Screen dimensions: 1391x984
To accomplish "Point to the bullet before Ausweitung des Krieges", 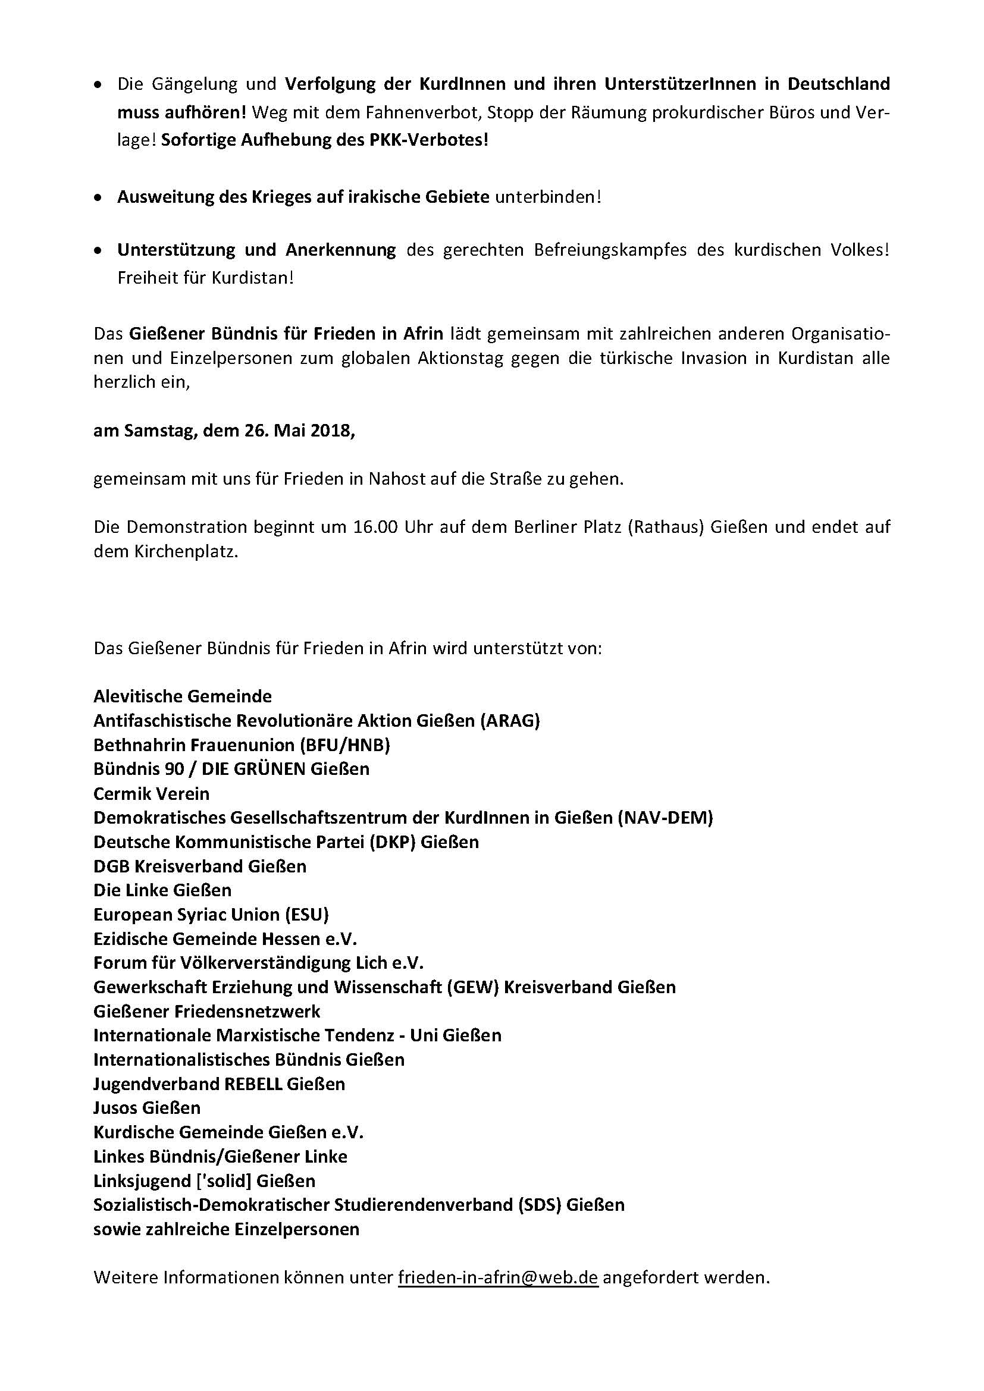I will coord(98,198).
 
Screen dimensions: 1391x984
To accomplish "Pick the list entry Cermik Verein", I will coord(152,793).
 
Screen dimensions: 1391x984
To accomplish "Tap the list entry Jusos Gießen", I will coord(146,1107).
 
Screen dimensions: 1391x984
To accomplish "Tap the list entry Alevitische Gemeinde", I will coord(183,696).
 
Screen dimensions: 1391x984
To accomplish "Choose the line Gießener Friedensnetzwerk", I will coord(206,1011).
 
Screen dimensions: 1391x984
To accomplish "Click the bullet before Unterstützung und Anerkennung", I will coord(98,251).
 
